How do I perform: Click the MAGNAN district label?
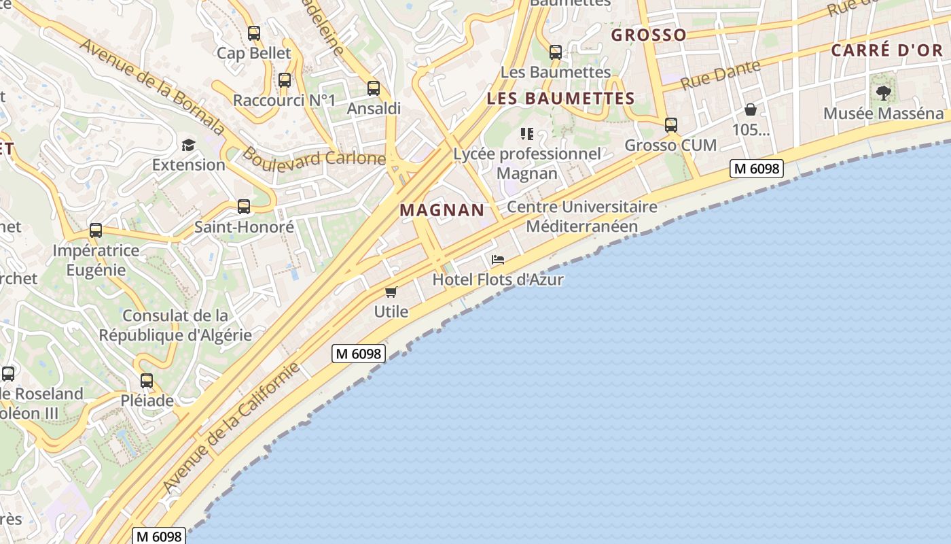pos(442,210)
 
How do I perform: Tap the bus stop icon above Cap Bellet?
pos(254,33)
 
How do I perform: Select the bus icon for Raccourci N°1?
pos(285,80)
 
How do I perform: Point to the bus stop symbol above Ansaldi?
pos(374,88)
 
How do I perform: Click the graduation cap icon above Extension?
pos(188,145)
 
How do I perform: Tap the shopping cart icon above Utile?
pos(391,292)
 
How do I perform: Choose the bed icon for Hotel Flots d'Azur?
pos(498,260)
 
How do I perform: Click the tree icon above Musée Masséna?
pos(883,93)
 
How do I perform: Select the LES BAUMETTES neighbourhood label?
pos(560,99)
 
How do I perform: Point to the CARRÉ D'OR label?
pos(887,50)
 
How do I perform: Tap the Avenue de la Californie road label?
pos(231,428)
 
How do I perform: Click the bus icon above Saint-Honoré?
pos(244,207)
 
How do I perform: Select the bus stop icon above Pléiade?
pos(147,381)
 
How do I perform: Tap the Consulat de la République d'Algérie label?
pos(175,325)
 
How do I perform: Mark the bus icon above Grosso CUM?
pos(671,125)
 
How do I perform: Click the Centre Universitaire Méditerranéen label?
pos(582,216)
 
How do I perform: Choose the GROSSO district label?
pos(649,35)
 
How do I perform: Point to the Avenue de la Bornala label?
pos(152,86)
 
